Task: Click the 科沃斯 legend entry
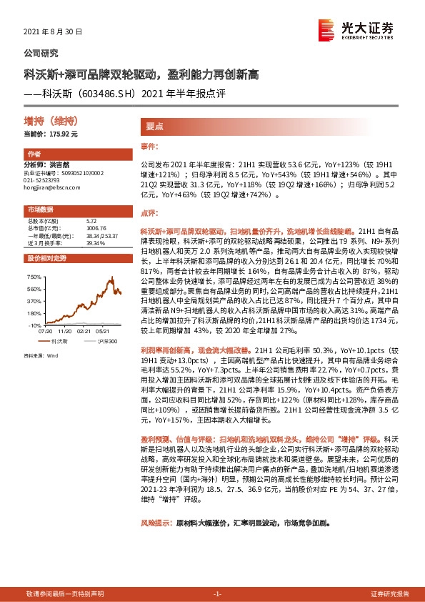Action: (60, 342)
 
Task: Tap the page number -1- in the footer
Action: (218, 594)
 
